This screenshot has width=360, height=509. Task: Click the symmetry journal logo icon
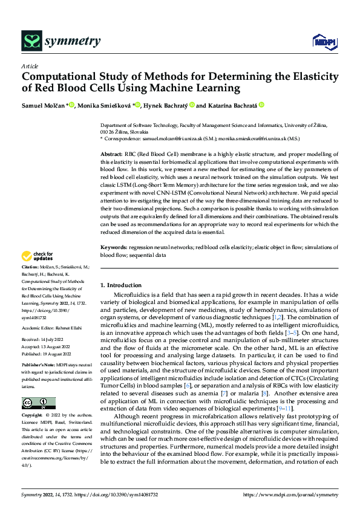31,41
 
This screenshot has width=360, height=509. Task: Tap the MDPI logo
324,41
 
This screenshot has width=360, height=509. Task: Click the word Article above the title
30,66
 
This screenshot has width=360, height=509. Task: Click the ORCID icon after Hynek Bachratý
192,105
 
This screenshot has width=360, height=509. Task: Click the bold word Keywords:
114,248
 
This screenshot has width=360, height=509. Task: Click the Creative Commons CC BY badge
38,403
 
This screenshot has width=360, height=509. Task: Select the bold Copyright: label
33,416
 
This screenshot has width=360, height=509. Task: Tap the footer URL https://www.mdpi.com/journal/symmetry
290,494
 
